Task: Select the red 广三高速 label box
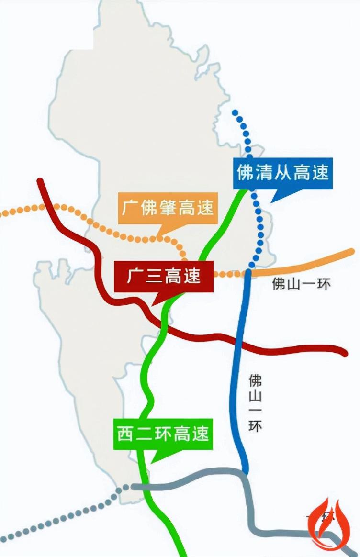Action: point(164,277)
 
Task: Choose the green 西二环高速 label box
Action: point(163,434)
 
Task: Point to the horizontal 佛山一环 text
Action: point(301,284)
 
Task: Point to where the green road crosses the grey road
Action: point(146,487)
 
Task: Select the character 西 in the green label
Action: point(125,434)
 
